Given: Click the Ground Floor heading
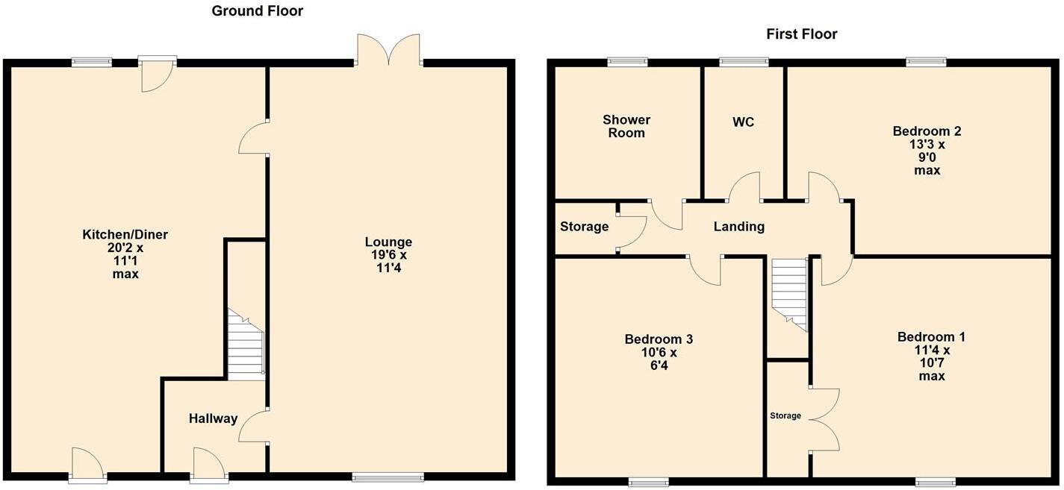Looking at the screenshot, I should click(x=257, y=11).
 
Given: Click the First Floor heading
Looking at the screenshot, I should click(x=801, y=34).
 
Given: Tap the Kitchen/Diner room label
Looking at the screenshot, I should click(x=125, y=235).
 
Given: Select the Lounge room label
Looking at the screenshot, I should click(x=388, y=242).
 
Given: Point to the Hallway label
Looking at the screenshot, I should click(x=213, y=419).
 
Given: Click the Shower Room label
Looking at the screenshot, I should click(x=626, y=126).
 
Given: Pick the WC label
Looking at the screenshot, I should click(x=743, y=122).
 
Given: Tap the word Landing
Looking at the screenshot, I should click(x=738, y=227).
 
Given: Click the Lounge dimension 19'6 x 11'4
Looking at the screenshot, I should click(x=388, y=262).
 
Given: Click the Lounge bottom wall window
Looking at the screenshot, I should click(x=388, y=477).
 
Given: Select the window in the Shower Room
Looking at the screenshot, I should click(x=626, y=62).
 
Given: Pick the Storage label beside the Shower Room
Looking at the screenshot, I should click(x=584, y=227).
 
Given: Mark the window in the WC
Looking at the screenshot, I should click(x=743, y=62).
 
